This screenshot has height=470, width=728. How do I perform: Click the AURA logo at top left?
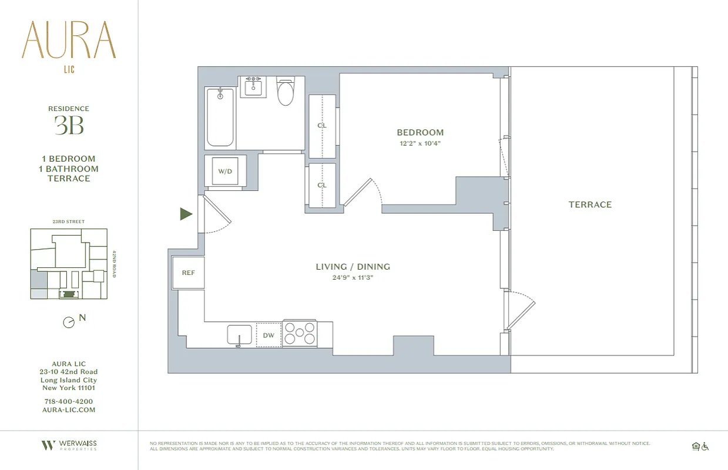pos(69,41)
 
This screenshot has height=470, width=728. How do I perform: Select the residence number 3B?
pos(69,125)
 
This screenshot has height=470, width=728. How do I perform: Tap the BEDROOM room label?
pos(420,132)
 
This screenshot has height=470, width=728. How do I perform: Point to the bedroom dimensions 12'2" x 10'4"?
pos(420,143)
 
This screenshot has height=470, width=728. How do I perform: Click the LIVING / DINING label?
pos(353,267)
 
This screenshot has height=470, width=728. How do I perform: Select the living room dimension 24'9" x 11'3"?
pos(353,278)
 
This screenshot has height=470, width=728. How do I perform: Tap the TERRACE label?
pos(590,204)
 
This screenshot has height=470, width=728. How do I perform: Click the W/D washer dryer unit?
pos(224,172)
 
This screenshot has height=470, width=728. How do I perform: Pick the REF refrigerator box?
pos(188,273)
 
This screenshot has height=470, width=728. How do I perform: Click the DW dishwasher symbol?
pos(269,335)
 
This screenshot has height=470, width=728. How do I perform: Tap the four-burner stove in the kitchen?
pos(300,334)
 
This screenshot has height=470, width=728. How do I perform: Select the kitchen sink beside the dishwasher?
pos(240,335)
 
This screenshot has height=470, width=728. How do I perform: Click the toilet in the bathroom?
pos(286,92)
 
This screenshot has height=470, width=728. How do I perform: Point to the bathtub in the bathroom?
pos(220,117)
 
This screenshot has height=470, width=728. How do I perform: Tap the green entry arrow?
pos(186,214)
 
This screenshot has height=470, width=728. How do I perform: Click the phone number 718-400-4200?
pos(69,401)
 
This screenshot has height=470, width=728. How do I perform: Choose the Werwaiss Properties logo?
pos(69,445)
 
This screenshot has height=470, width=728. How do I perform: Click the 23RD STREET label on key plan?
pos(69,221)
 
